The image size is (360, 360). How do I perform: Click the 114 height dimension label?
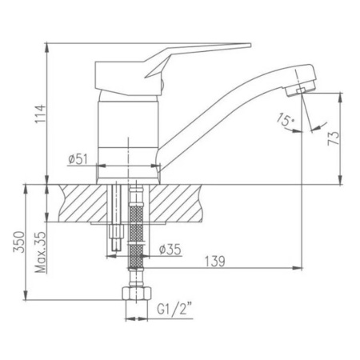(x=41, y=114)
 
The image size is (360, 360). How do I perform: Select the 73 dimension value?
(x=334, y=138)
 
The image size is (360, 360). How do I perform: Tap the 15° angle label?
(x=286, y=119)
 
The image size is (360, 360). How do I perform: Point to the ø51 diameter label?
(x=78, y=159)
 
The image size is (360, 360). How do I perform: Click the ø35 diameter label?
(x=170, y=250)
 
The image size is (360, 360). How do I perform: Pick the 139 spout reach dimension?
(x=214, y=262)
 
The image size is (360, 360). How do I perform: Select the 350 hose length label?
(x=19, y=242)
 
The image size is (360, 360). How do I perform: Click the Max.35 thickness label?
(x=40, y=252)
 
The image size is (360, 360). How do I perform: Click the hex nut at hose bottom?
(x=137, y=294)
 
